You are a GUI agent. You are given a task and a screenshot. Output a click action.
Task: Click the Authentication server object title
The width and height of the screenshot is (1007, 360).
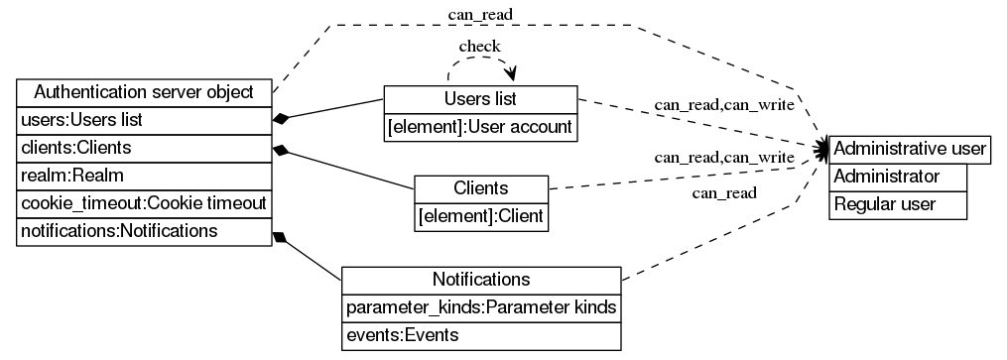coord(144,93)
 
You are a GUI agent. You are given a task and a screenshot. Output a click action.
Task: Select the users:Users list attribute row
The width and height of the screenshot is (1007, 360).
coord(144,120)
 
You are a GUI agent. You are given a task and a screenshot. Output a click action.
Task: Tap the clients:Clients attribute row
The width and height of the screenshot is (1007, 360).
coord(144,148)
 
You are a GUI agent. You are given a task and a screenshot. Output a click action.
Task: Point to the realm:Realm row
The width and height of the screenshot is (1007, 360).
coord(144,176)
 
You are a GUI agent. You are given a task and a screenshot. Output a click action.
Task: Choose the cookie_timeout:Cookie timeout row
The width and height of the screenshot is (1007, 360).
coord(144,203)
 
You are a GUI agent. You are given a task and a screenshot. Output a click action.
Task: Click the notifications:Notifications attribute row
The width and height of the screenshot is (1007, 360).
coord(144,231)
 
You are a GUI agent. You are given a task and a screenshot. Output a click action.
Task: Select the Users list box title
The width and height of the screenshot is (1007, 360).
coord(480,99)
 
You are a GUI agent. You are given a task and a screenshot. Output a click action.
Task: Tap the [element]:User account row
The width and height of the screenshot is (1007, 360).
coord(480,126)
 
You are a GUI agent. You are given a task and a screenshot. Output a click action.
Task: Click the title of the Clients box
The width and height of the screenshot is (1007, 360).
coord(481,188)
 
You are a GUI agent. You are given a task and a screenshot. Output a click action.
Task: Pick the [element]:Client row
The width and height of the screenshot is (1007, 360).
coord(481,215)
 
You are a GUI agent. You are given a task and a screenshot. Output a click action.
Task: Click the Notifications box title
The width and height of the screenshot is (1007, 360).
coord(481,280)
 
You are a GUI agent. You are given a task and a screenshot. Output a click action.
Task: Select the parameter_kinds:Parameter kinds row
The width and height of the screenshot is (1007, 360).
coord(481,307)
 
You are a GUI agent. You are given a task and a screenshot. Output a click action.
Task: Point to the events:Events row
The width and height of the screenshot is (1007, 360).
coord(481,335)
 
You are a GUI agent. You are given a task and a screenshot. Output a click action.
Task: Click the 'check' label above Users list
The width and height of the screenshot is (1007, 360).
coord(479,46)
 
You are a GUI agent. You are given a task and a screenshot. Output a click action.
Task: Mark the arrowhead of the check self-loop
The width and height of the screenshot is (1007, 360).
coord(512,75)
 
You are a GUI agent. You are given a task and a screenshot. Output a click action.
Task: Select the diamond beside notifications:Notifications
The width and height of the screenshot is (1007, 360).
coord(281,239)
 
